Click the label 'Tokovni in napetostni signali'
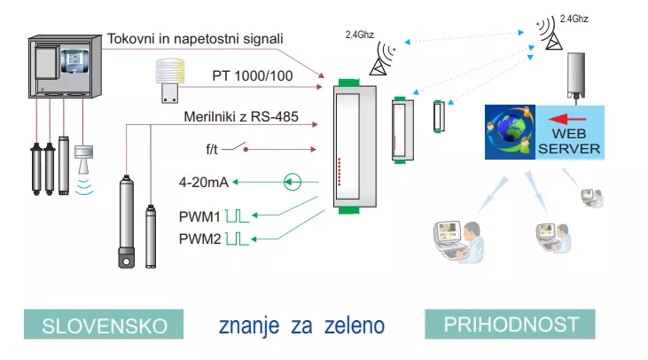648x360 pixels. coord(195,39)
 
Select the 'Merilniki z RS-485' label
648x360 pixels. coord(240,116)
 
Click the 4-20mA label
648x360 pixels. coord(204,183)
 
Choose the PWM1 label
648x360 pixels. coord(199,215)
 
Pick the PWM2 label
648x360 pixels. coord(199,237)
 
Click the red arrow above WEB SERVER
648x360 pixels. coord(567,117)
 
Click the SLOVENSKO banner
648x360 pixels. coord(105,325)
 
